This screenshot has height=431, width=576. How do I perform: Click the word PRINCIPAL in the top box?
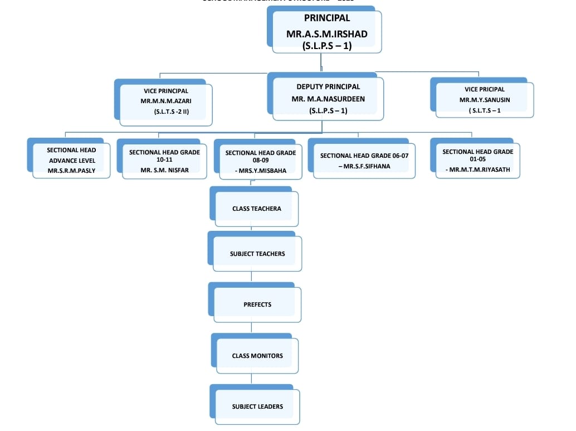click(x=327, y=18)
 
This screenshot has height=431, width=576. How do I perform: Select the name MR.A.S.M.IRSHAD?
click(x=327, y=34)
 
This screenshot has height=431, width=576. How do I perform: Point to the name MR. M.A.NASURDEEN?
click(x=328, y=99)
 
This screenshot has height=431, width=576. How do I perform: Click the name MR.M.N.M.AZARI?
click(x=166, y=101)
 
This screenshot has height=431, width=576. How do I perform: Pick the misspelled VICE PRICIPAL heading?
click(x=484, y=89)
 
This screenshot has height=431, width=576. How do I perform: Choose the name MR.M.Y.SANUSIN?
click(x=484, y=100)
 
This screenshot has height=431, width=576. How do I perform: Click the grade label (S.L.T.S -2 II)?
click(x=172, y=112)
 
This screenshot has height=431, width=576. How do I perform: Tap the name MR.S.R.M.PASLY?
click(x=71, y=171)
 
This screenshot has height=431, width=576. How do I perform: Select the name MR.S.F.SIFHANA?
click(x=364, y=166)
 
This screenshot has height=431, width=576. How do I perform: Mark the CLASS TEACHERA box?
click(x=256, y=209)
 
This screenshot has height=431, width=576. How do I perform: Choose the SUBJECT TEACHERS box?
click(x=257, y=254)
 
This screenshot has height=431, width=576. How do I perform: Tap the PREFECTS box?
click(x=257, y=304)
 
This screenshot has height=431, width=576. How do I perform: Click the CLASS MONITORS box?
click(x=257, y=356)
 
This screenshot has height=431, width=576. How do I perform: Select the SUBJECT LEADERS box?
click(x=257, y=406)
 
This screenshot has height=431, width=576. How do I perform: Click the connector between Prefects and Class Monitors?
click(x=251, y=328)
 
